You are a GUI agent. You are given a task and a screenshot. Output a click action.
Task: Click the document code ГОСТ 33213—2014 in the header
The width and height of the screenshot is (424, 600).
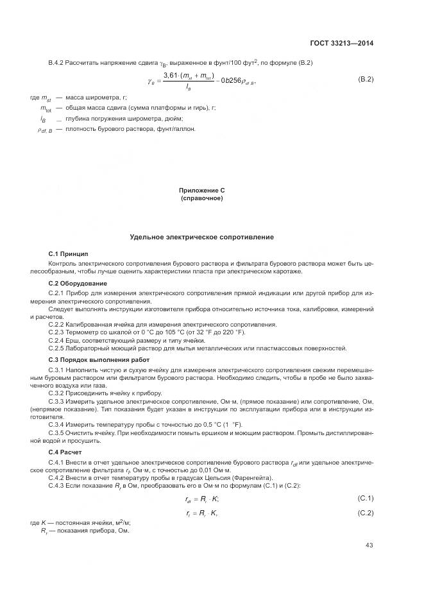pos(341,44)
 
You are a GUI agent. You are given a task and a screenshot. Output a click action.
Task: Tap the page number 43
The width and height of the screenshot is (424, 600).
pos(369,545)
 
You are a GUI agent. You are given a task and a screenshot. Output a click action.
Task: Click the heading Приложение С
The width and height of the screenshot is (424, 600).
pos(202,191)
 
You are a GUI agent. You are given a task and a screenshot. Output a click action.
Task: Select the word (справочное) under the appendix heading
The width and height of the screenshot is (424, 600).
pos(202,198)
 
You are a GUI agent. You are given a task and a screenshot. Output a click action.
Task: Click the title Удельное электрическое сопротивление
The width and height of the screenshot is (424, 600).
pos(202,237)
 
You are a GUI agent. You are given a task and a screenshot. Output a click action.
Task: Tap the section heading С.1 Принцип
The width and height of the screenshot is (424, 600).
pos(69,255)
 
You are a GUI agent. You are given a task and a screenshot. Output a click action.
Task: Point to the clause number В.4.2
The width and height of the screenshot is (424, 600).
pos(57,62)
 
